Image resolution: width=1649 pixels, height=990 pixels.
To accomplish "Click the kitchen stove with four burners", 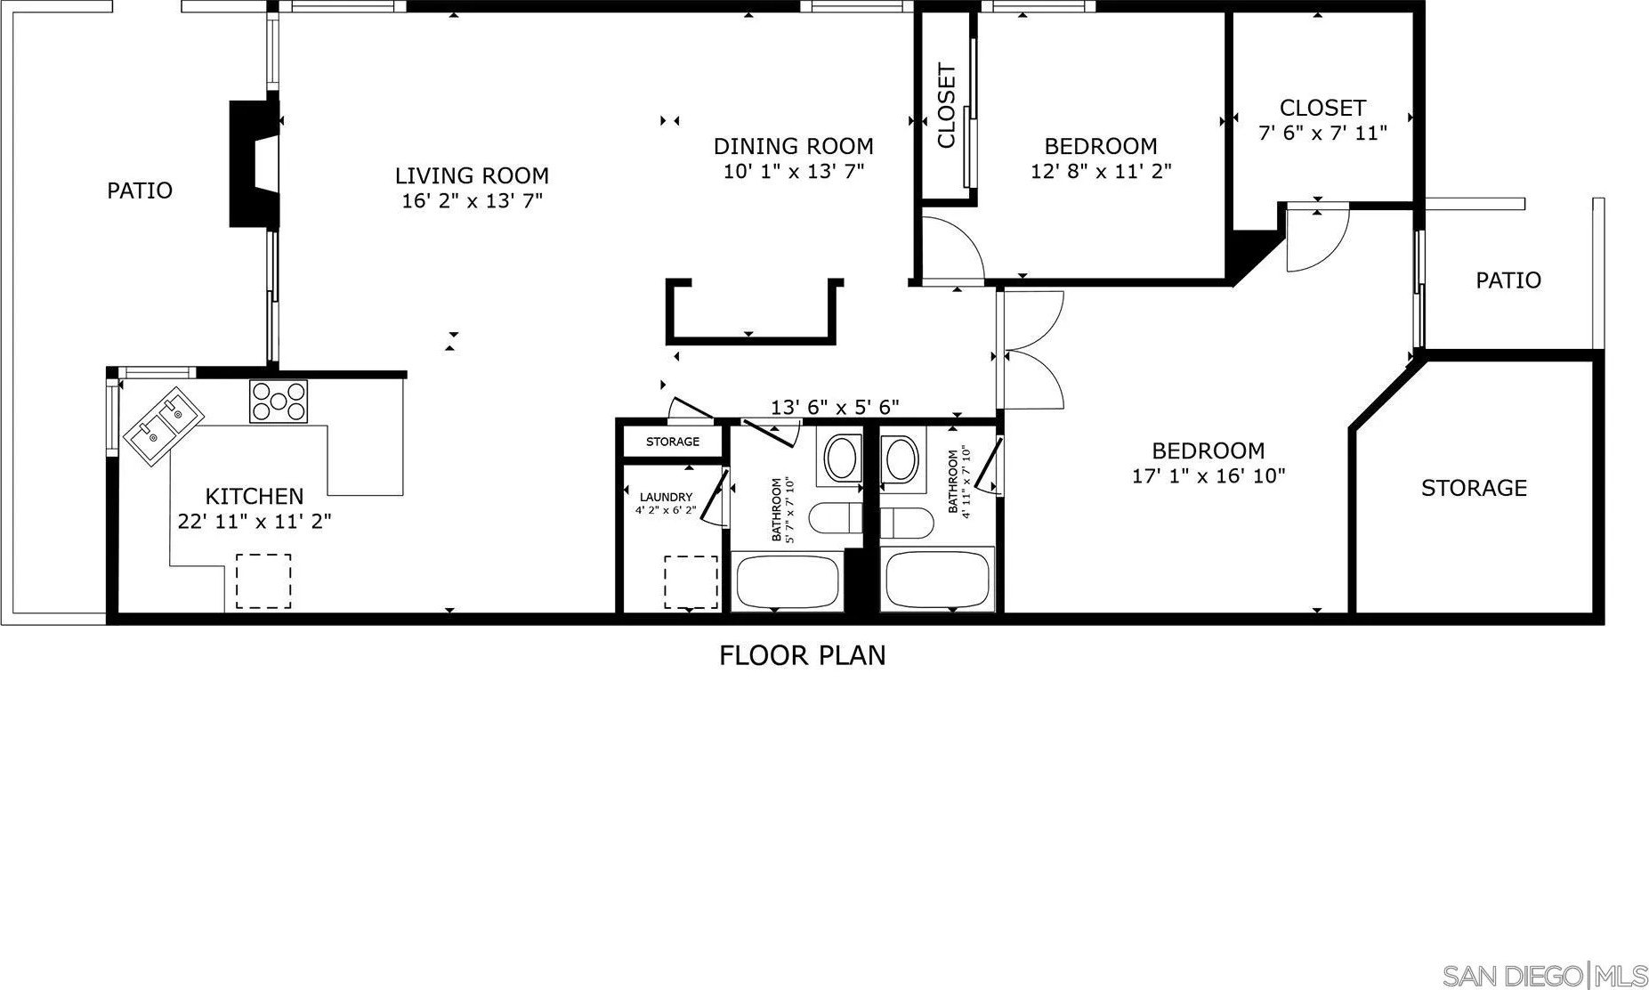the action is click(279, 401).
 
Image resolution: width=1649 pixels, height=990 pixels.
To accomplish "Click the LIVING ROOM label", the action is click(472, 175).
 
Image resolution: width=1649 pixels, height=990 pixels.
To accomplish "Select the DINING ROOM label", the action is click(793, 146).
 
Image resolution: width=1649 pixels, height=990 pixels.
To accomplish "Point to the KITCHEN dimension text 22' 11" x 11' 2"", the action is click(255, 522).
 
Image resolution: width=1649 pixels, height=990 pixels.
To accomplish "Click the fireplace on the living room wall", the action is click(255, 164).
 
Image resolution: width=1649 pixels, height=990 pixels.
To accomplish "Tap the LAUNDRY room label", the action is click(666, 497).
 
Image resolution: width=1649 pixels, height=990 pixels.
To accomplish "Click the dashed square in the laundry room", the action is click(691, 582).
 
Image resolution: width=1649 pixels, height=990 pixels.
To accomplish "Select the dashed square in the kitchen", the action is click(263, 581).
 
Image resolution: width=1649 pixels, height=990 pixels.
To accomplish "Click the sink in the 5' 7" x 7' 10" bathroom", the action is click(840, 458).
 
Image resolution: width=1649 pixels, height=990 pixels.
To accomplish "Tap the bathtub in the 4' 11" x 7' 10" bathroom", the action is click(937, 580).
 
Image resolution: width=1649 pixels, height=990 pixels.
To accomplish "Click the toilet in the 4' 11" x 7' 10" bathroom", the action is click(904, 522).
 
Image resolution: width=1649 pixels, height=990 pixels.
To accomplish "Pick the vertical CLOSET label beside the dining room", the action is click(946, 106).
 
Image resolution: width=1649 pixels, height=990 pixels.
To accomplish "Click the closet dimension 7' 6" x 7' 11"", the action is click(1322, 134).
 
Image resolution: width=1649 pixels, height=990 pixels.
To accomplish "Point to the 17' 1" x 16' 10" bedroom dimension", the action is click(1208, 476).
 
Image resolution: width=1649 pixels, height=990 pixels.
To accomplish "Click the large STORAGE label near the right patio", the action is click(1474, 488).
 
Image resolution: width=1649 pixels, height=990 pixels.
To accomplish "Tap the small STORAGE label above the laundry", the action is click(673, 442).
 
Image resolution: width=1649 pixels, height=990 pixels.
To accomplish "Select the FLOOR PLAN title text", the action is click(802, 656).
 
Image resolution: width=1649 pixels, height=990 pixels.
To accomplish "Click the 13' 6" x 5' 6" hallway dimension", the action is click(835, 408).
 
